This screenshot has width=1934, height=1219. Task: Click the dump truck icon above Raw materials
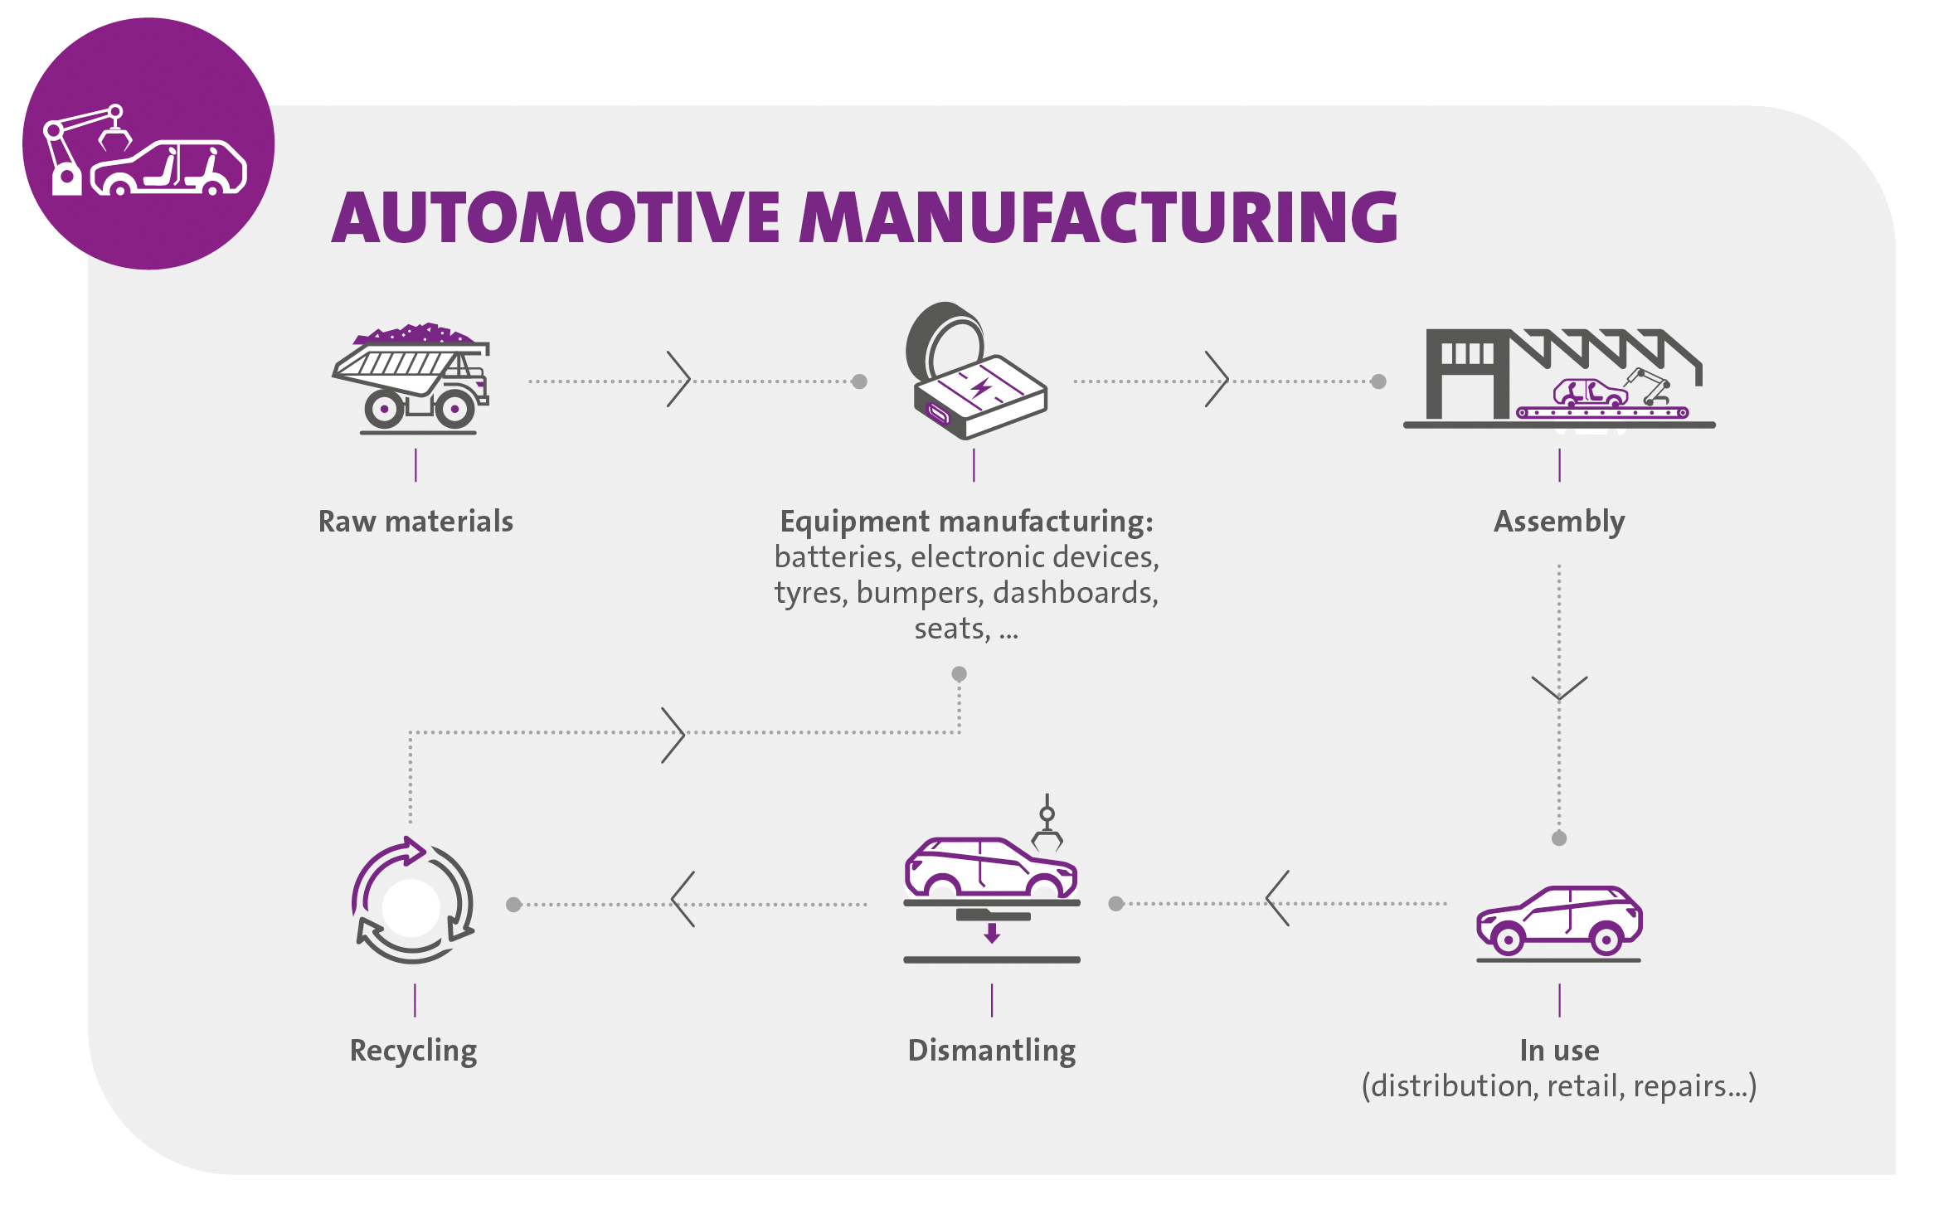pyautogui.click(x=413, y=380)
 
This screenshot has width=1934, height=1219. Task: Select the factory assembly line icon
pyautogui.click(x=1559, y=378)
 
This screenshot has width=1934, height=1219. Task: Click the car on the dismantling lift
pyautogui.click(x=990, y=867)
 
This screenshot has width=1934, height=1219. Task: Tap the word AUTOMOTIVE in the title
pyautogui.click(x=556, y=217)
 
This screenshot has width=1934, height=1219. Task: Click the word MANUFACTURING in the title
pyautogui.click(x=1098, y=217)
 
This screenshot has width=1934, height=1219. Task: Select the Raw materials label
pyautogui.click(x=415, y=522)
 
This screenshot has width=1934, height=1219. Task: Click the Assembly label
pyautogui.click(x=1559, y=522)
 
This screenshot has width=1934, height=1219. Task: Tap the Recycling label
pyautogui.click(x=413, y=1051)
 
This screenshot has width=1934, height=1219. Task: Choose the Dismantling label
pyautogui.click(x=992, y=1051)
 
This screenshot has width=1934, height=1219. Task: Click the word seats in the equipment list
pyautogui.click(x=950, y=629)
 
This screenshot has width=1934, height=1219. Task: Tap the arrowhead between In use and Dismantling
pyautogui.click(x=1277, y=899)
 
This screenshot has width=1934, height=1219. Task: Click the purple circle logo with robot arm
pyautogui.click(x=148, y=144)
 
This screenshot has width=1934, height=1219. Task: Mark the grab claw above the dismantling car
pyautogui.click(x=1047, y=829)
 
